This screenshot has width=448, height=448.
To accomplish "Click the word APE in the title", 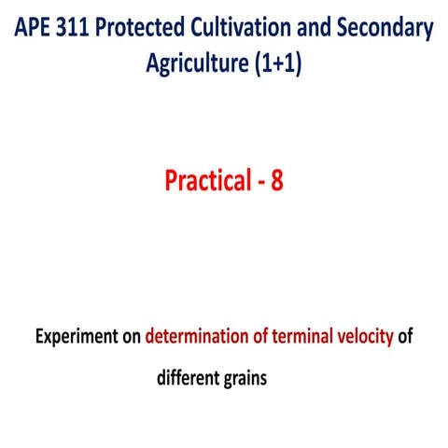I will coord(35,29).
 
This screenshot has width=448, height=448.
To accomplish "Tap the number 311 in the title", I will coord(82,29).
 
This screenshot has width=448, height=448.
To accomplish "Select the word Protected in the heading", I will coord(153,29).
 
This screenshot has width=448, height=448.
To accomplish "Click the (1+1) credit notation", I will coord(277,64).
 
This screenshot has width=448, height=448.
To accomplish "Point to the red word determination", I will coord(199,337).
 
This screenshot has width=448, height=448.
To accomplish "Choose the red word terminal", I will coord(304,337).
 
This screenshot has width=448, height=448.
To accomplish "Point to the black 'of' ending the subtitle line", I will coord(405,337).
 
